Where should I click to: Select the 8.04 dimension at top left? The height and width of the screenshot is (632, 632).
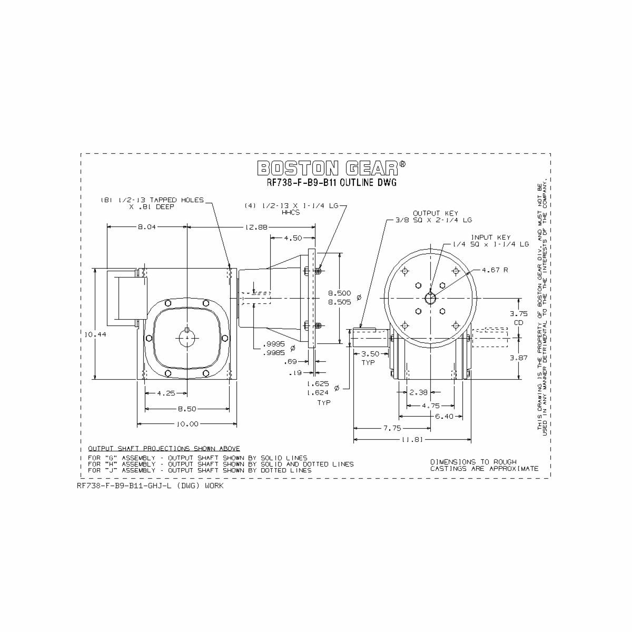[x=146, y=227]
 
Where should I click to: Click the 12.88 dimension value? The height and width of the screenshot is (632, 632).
[x=256, y=227]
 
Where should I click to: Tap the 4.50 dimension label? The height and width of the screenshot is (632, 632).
[x=293, y=238]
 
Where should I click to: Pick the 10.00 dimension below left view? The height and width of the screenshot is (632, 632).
[x=187, y=423]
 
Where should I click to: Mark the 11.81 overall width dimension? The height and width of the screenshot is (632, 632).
[x=412, y=439]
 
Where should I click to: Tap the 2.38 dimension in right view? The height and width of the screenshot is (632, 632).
[x=418, y=392]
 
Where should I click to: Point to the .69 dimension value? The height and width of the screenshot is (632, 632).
[x=290, y=362]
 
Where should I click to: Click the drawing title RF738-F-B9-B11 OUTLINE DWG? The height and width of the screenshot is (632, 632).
[x=331, y=183]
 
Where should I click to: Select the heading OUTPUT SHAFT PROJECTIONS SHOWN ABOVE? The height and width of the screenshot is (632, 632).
[x=164, y=448]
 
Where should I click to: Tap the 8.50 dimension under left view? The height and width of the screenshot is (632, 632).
[x=187, y=409]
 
